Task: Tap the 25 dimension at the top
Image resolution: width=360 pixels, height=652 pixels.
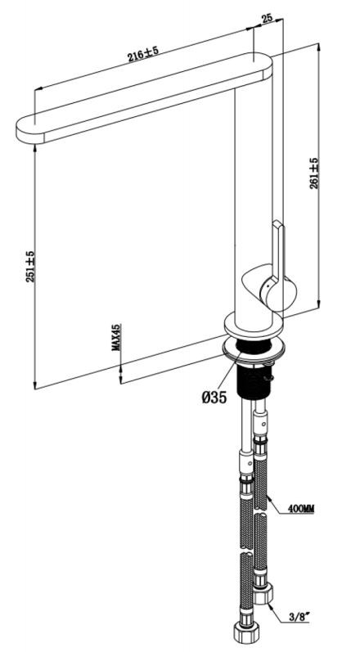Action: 267,18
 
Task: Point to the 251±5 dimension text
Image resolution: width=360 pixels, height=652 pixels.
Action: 30,267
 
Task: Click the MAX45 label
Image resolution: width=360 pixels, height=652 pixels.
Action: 116,337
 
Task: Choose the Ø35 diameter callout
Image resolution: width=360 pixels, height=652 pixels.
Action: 214,398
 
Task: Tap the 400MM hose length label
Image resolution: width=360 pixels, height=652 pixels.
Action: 301,509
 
